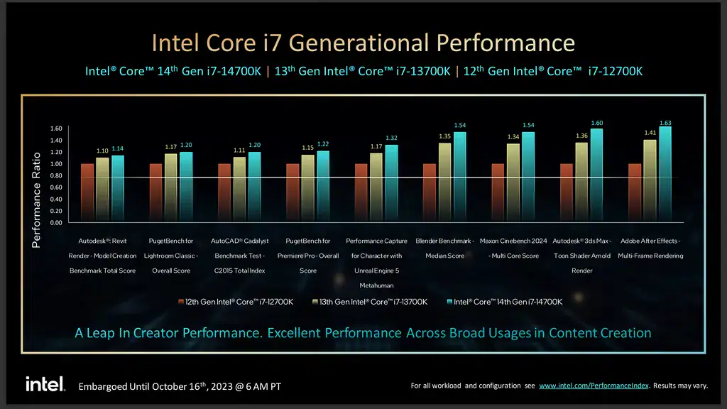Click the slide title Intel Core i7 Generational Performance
[x=363, y=43]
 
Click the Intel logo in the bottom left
[x=45, y=384]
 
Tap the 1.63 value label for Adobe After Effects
[x=665, y=123]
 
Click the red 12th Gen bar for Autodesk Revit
[x=87, y=193]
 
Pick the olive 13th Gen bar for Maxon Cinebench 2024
[x=513, y=183]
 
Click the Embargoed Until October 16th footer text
[x=179, y=386]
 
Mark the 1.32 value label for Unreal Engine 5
[x=391, y=137]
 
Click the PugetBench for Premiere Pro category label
[x=307, y=256]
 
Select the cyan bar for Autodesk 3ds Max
[x=597, y=175]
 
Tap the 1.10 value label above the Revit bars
[x=102, y=151]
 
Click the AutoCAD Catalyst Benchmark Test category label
[x=239, y=256]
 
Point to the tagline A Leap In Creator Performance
[x=363, y=332]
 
